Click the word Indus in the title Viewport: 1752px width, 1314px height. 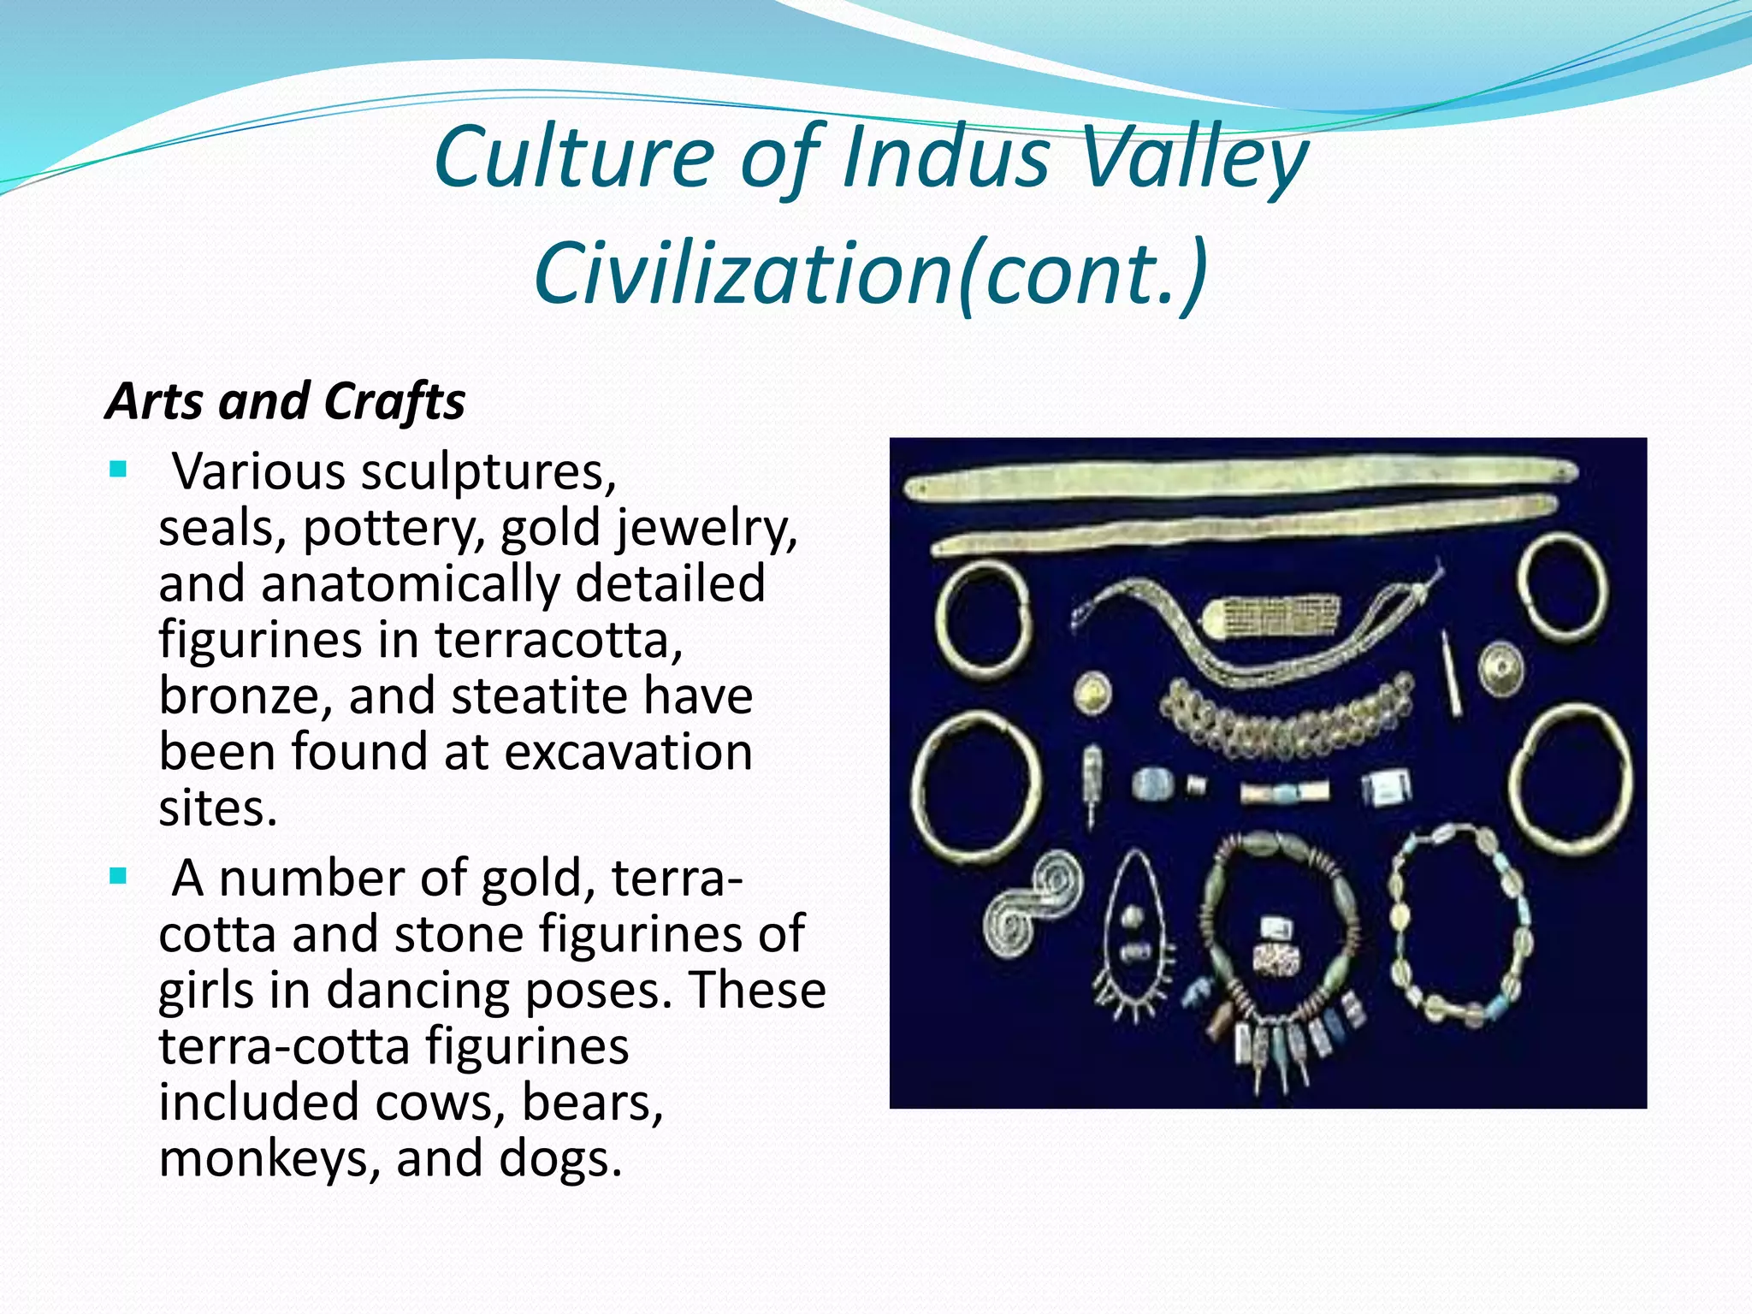(946, 157)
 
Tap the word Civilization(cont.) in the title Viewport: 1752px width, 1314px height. (871, 272)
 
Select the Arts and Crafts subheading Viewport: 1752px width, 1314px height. (286, 401)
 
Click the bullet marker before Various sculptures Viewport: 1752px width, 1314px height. (118, 470)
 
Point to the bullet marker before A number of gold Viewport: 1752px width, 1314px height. (118, 876)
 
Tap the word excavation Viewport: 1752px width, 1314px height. (628, 752)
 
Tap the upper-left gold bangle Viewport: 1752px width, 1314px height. (982, 618)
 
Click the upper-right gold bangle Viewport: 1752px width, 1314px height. (1562, 587)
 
